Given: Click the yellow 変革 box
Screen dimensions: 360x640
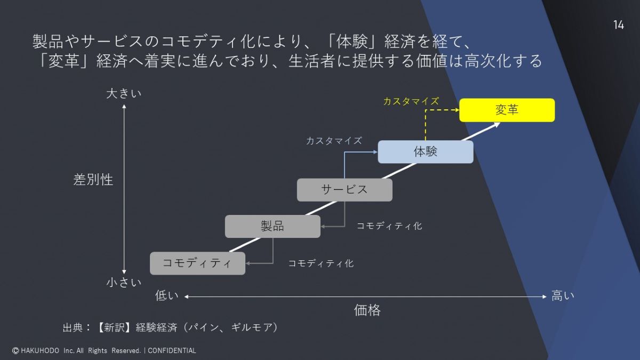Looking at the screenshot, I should point(507,110).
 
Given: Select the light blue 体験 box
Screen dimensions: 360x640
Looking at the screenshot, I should point(425,151).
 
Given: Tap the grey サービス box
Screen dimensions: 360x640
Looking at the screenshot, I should point(344,189).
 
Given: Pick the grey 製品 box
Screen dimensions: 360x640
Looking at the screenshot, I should point(273,226).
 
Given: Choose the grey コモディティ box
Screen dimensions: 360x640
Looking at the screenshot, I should point(197,263).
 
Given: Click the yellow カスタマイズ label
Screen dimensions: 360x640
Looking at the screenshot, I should point(411,101).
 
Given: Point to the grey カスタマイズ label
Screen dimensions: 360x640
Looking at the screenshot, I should point(334,141).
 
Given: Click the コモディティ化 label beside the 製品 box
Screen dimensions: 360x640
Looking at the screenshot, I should point(389,226).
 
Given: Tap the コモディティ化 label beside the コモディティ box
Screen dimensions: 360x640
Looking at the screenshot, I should point(321,263).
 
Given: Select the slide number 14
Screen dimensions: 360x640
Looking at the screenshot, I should point(618,25).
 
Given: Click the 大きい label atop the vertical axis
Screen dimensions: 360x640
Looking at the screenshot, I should point(124,94).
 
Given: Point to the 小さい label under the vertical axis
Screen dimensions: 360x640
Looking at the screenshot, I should point(124,283).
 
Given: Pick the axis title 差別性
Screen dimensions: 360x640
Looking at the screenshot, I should point(93,180).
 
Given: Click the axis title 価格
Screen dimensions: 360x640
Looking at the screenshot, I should point(367,310).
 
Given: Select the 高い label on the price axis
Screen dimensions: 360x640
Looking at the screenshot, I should point(563,296).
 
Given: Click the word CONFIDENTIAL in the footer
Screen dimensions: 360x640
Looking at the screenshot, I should point(172,351).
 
